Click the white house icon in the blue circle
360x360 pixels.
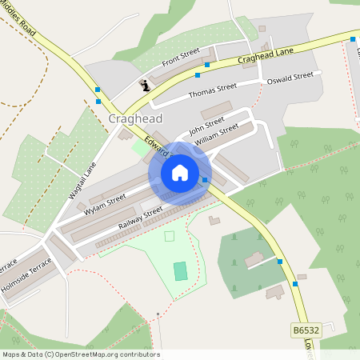pos(180,173)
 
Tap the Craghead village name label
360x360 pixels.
pos(134,118)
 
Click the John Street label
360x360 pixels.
pos(206,124)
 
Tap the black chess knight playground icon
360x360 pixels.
pos(145,85)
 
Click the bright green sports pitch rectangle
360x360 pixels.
pos(181,270)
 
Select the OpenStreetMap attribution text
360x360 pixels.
pos(80,354)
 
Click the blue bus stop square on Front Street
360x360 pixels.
pos(207,64)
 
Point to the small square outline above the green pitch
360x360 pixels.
pos(169,236)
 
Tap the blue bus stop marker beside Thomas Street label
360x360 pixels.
pos(198,76)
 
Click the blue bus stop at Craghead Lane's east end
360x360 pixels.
pos(353,38)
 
